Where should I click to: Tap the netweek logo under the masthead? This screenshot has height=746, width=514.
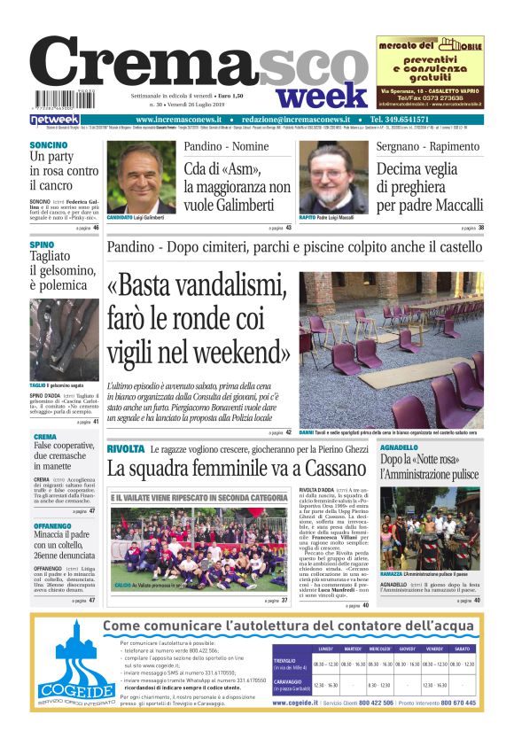coord(55,120)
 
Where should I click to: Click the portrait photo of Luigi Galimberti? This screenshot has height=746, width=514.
coord(141,177)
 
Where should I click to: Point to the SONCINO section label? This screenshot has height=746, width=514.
coord(48,144)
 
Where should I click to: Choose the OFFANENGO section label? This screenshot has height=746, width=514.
coord(52,526)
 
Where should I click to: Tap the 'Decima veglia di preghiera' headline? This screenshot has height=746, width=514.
coord(430,188)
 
